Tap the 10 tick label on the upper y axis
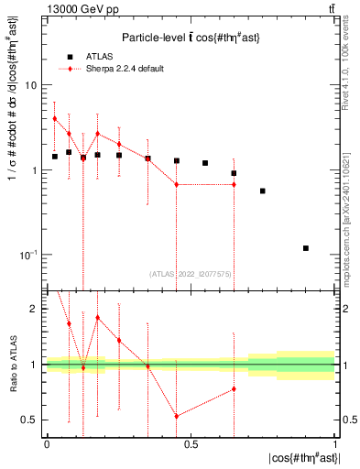pos(29,85)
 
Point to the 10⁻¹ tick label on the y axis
pos(27,255)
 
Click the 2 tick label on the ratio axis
pos(36,309)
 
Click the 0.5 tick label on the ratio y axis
pos(33,420)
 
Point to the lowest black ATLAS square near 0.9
pos(306,248)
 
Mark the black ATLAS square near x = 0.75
pos(263,191)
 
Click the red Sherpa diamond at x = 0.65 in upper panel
pos(234,184)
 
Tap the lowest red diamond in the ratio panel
pos(176,416)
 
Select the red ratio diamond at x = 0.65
pos(234,388)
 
